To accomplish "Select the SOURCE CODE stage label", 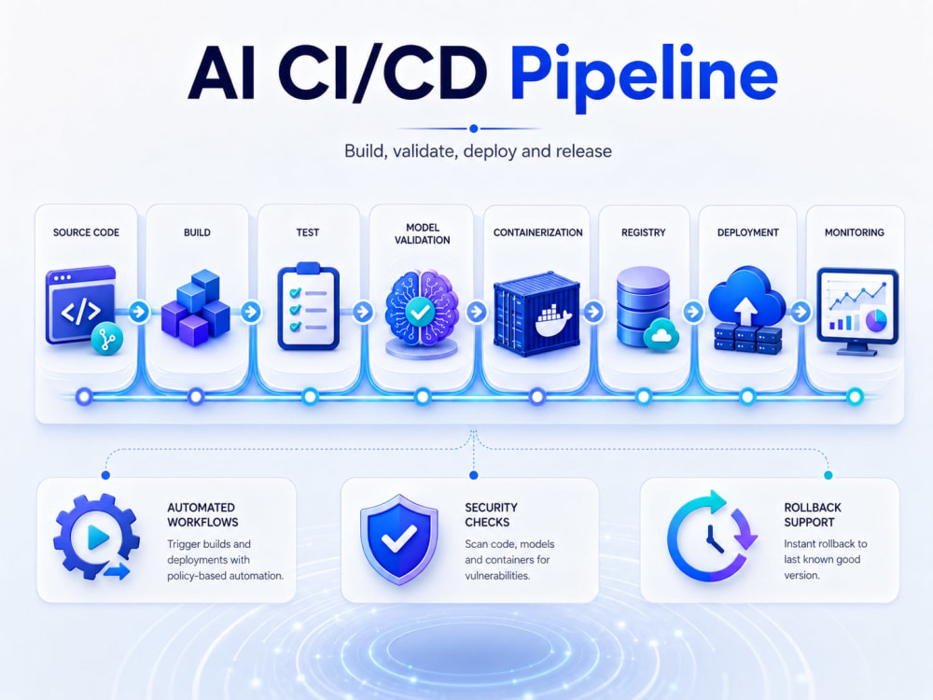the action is [86, 232].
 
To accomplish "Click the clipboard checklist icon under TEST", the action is [308, 306].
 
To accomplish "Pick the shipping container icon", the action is [536, 314].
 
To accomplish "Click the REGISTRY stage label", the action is [643, 232].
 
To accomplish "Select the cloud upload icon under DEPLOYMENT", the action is [747, 310].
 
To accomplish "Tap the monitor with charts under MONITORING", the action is [857, 312].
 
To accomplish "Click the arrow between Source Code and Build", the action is [139, 312].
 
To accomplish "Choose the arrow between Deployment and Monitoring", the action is [801, 312].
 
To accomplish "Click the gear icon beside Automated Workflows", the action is [96, 537].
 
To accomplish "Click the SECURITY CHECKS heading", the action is [491, 515].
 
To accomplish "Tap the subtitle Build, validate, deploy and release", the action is [478, 150].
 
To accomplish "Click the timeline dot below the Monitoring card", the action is [855, 397].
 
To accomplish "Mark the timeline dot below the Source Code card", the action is [85, 397].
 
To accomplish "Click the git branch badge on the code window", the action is [107, 340].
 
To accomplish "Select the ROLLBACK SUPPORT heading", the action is [813, 515].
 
